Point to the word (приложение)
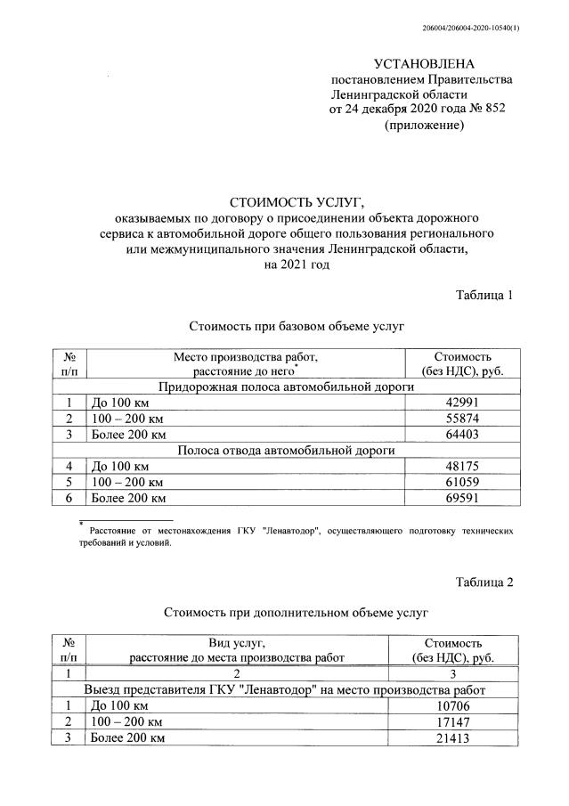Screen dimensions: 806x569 click(x=424, y=126)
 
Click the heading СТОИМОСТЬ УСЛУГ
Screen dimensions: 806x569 click(x=284, y=201)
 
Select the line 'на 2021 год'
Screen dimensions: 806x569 click(x=284, y=265)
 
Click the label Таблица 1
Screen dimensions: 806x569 click(x=484, y=296)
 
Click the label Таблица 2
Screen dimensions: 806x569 click(x=484, y=582)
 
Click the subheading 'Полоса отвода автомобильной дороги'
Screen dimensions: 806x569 click(x=286, y=450)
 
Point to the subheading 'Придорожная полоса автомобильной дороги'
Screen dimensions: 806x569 click(x=286, y=387)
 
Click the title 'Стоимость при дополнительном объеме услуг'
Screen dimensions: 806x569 click(x=284, y=613)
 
